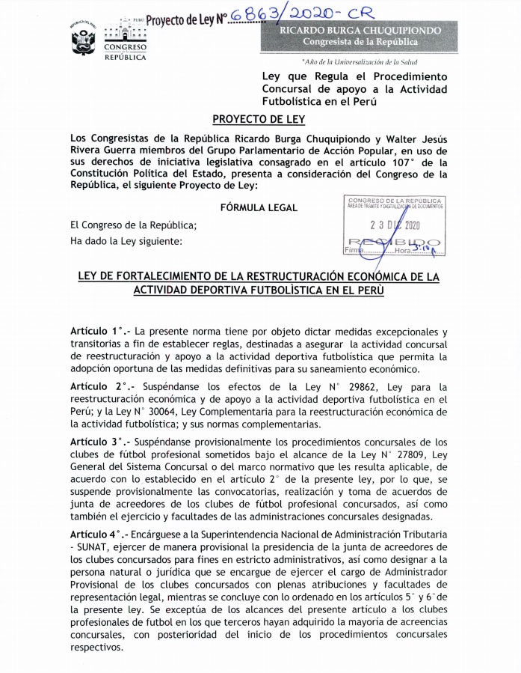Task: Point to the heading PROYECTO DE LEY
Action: [258, 119]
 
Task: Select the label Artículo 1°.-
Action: [97, 331]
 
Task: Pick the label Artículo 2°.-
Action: [97, 386]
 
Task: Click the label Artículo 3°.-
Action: [97, 442]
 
